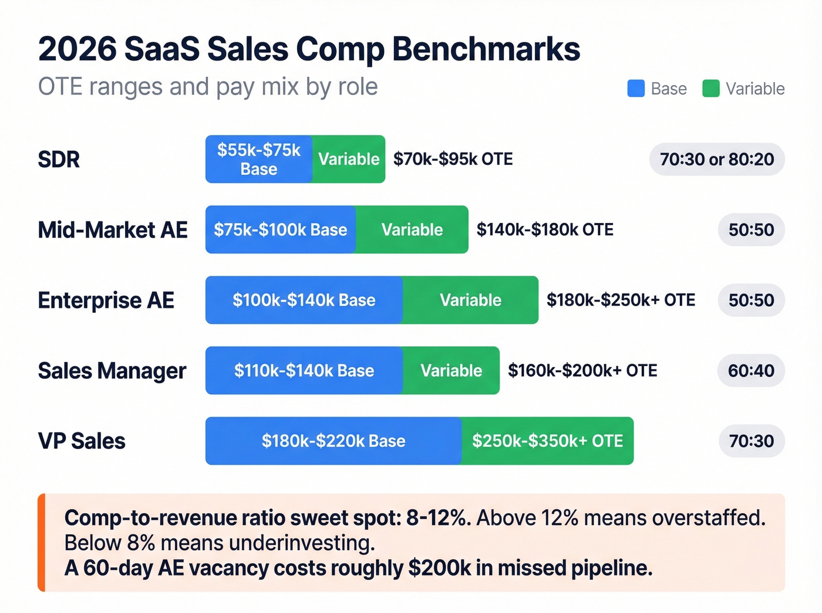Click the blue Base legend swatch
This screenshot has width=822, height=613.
click(x=636, y=89)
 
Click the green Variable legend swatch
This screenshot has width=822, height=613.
click(x=711, y=89)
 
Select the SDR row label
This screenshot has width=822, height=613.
click(x=59, y=160)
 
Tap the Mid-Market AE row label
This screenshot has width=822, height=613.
click(x=113, y=230)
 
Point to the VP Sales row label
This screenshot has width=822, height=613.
click(x=82, y=441)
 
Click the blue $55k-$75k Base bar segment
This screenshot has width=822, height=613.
click(x=258, y=160)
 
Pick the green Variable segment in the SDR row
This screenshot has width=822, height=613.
click(x=349, y=160)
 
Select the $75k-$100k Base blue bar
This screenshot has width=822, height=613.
click(x=280, y=230)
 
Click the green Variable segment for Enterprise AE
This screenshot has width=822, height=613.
click(x=470, y=300)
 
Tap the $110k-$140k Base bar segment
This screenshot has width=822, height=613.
click(x=304, y=371)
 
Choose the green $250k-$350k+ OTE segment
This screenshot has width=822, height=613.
click(x=547, y=441)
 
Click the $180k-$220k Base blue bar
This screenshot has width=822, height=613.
click(x=333, y=441)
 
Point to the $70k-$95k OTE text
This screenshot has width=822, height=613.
click(x=453, y=160)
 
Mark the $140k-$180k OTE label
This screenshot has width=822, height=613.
click(x=545, y=230)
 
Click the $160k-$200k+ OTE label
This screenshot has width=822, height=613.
click(x=582, y=371)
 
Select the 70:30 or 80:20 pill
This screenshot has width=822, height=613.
click(x=717, y=160)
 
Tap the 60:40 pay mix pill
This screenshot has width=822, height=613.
click(x=751, y=371)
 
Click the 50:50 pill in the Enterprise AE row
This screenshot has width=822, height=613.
click(x=751, y=300)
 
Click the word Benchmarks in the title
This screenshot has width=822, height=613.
click(x=486, y=49)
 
